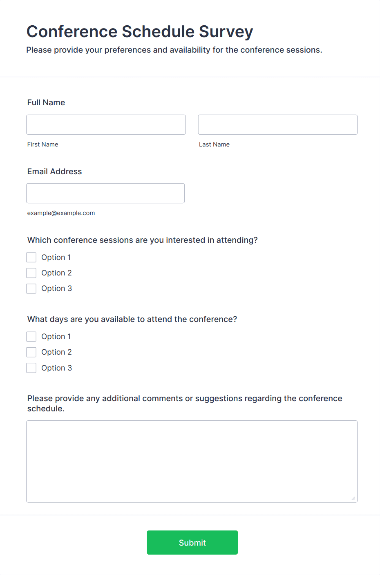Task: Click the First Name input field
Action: [106, 124]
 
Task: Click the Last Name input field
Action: [277, 124]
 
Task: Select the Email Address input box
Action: [105, 193]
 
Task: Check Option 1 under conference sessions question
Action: [31, 257]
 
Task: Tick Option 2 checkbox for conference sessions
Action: [31, 273]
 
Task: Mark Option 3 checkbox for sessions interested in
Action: [31, 289]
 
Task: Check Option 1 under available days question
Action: [31, 336]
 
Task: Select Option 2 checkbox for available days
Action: [31, 352]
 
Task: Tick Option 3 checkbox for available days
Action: [31, 368]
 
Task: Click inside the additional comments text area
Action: [192, 461]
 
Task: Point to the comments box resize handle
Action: [353, 498]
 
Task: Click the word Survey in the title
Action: [226, 31]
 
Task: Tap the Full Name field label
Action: [46, 102]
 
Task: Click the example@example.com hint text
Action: [61, 213]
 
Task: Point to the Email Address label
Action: [54, 171]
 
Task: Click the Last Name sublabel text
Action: [214, 144]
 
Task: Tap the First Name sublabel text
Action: [42, 144]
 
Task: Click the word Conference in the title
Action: [72, 31]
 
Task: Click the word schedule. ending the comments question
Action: [46, 408]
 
